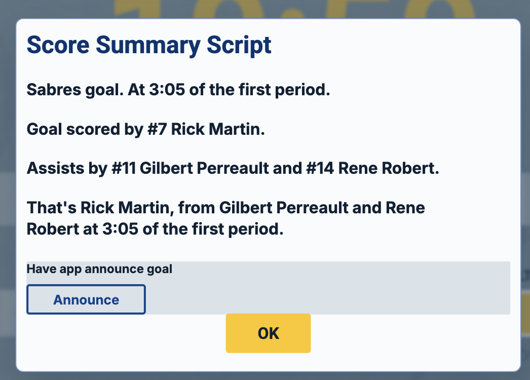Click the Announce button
[x=86, y=299]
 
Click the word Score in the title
[x=58, y=45]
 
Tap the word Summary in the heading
[x=148, y=46]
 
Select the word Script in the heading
[x=239, y=46]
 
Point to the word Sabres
[x=54, y=90]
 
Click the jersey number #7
[x=157, y=129]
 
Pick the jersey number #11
[x=123, y=168]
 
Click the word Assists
[x=55, y=168]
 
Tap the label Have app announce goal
[x=99, y=269]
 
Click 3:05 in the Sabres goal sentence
[x=167, y=90]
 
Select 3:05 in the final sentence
[x=120, y=229]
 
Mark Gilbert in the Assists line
[x=166, y=168]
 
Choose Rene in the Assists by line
[x=358, y=168]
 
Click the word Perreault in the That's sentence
[x=312, y=208]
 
